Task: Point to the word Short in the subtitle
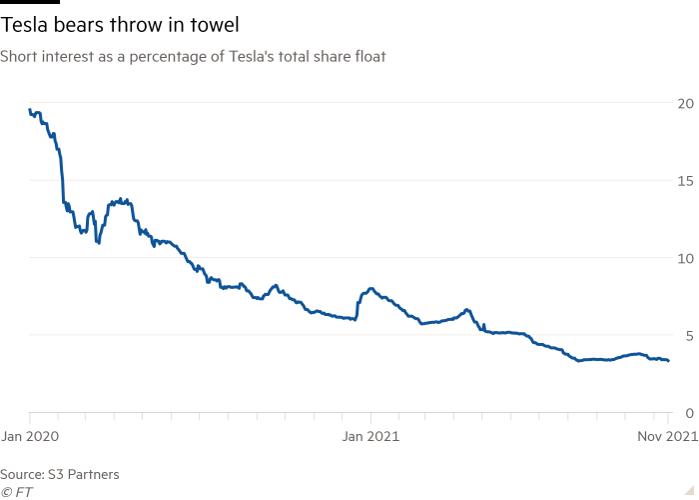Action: tap(18, 58)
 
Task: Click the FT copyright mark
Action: tap(13, 491)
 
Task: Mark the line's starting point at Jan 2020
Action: tap(29, 110)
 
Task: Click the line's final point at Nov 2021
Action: tap(669, 361)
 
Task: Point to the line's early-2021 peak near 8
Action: tap(370, 289)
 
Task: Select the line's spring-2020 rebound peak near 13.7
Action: tap(122, 200)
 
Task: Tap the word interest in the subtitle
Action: tap(63, 58)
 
